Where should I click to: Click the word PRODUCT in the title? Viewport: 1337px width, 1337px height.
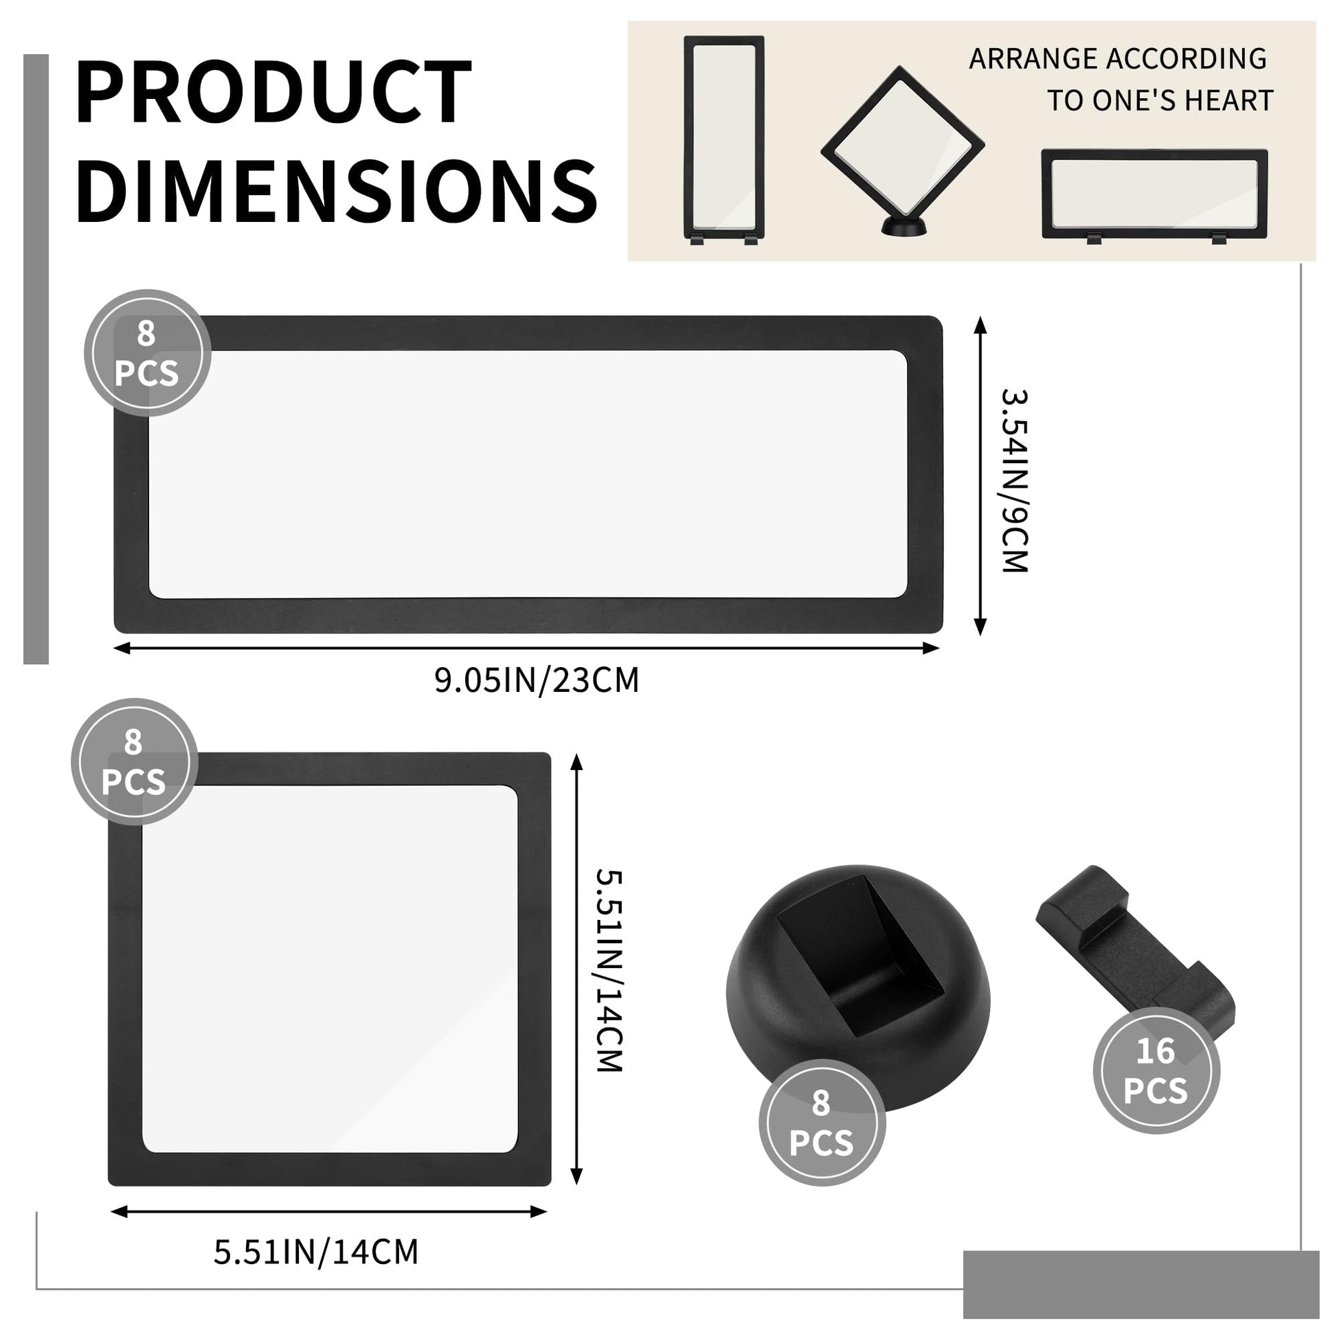click(274, 91)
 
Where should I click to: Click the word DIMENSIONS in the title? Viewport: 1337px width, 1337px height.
click(337, 190)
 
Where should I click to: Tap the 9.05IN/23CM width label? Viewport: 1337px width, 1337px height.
click(537, 680)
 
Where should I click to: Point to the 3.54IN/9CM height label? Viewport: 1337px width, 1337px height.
click(1015, 480)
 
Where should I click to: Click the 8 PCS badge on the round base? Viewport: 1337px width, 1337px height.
click(822, 1123)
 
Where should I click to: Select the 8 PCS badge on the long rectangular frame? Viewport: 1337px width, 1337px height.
click(148, 353)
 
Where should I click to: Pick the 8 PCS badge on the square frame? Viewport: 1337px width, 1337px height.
click(134, 761)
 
